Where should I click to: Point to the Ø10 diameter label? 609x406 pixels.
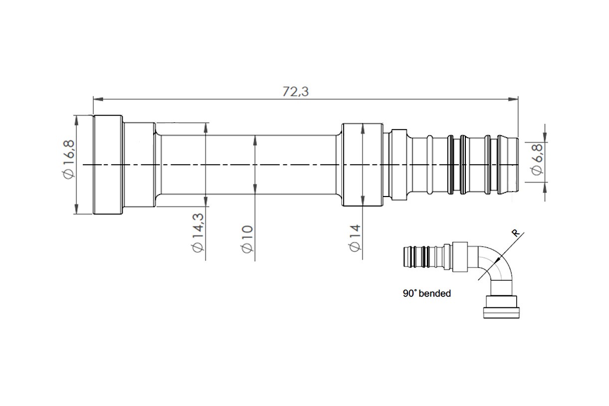[247, 239]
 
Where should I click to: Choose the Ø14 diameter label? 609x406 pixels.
[355, 237]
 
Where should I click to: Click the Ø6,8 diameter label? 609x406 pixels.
[537, 159]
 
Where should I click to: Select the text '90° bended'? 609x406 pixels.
[426, 294]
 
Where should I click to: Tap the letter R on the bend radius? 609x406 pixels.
[516, 233]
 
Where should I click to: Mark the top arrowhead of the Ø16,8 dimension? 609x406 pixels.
[76, 119]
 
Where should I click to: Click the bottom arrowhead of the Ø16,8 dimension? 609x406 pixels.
[76, 210]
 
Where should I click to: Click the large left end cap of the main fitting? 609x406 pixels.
[108, 165]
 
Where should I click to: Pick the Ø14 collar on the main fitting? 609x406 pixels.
[363, 165]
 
